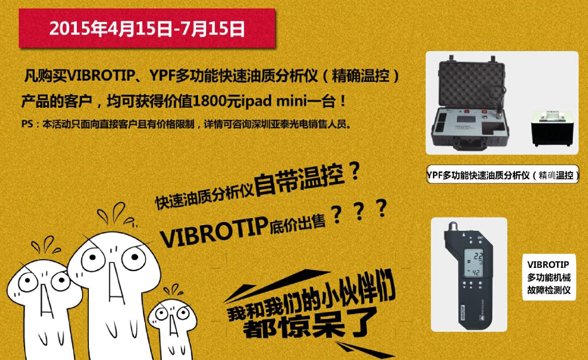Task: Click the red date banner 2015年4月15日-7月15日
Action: pos(147,28)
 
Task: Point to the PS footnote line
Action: pos(187,124)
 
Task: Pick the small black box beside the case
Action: pos(551,129)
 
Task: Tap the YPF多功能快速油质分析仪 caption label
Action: pos(502,175)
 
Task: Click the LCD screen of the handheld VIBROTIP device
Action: pos(474,262)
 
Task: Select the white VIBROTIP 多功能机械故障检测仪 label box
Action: pos(549,277)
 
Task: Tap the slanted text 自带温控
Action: pos(299,180)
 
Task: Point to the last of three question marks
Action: pos(381,208)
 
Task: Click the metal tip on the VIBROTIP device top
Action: pos(453,226)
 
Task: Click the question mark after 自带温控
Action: pos(354,171)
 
